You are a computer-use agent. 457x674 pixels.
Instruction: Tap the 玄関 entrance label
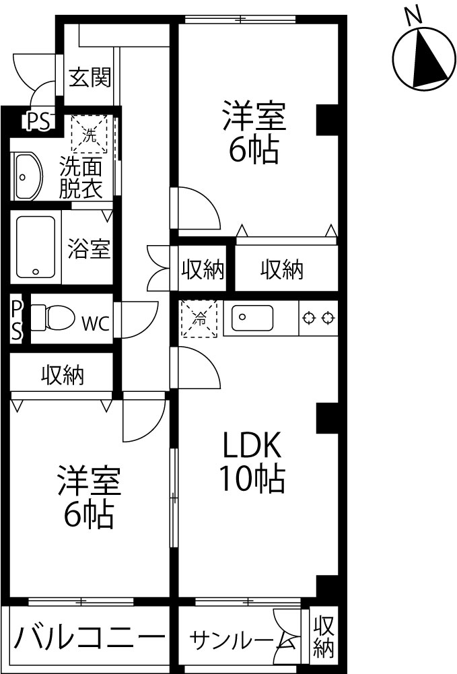tap(90, 77)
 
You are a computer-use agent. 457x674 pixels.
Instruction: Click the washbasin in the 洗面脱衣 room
tap(28, 176)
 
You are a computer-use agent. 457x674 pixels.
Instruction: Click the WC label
tap(96, 324)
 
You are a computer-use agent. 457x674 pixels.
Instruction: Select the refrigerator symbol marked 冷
tap(199, 319)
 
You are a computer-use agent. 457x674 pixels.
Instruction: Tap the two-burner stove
tap(318, 318)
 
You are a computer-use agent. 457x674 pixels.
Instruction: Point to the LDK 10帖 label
tap(252, 461)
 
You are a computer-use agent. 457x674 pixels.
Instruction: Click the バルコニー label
tap(90, 637)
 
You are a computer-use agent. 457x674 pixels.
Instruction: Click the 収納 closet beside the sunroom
tap(324, 637)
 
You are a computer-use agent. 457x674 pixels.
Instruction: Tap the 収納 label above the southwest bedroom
tap(63, 375)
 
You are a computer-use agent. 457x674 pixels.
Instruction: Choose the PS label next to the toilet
tap(16, 320)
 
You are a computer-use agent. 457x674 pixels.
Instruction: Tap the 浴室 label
tap(90, 249)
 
